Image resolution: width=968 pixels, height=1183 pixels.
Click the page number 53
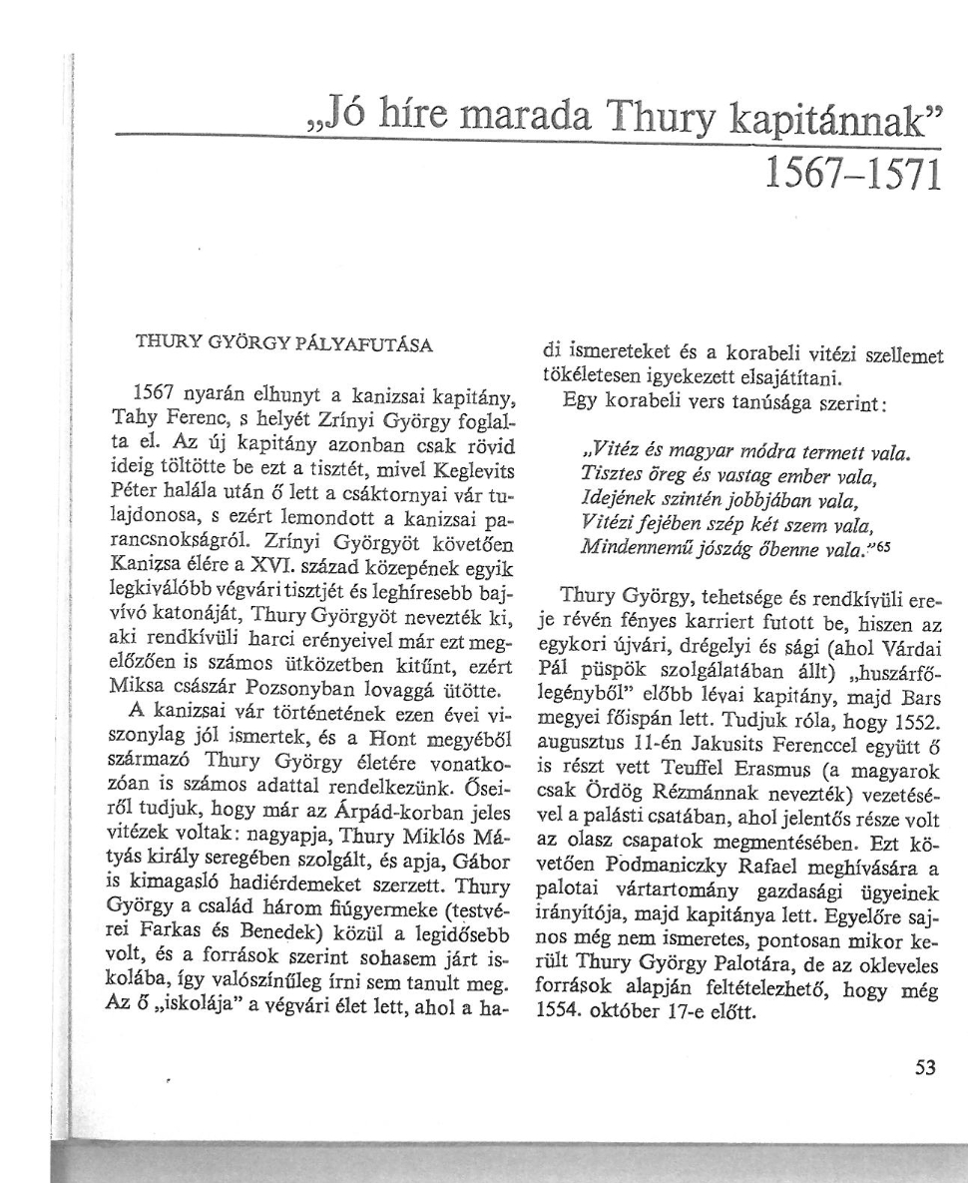(x=926, y=1066)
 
